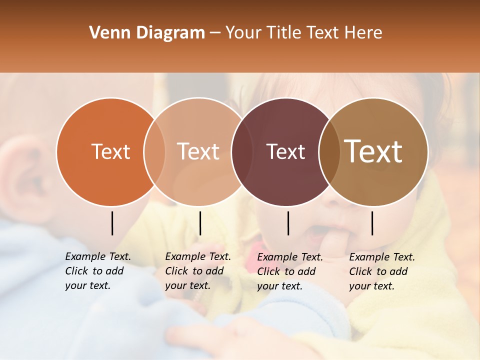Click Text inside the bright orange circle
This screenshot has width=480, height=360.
(110, 152)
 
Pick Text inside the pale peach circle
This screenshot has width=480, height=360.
(198, 152)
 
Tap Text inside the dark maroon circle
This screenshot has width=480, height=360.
(285, 152)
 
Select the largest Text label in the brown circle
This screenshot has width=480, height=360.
(373, 151)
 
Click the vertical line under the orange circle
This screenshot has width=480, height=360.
(112, 223)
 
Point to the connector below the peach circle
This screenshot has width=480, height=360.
(200, 223)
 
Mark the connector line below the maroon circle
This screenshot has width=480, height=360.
(288, 223)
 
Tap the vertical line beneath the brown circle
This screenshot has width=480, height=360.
(372, 223)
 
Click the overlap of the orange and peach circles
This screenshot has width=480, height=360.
(154, 152)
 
